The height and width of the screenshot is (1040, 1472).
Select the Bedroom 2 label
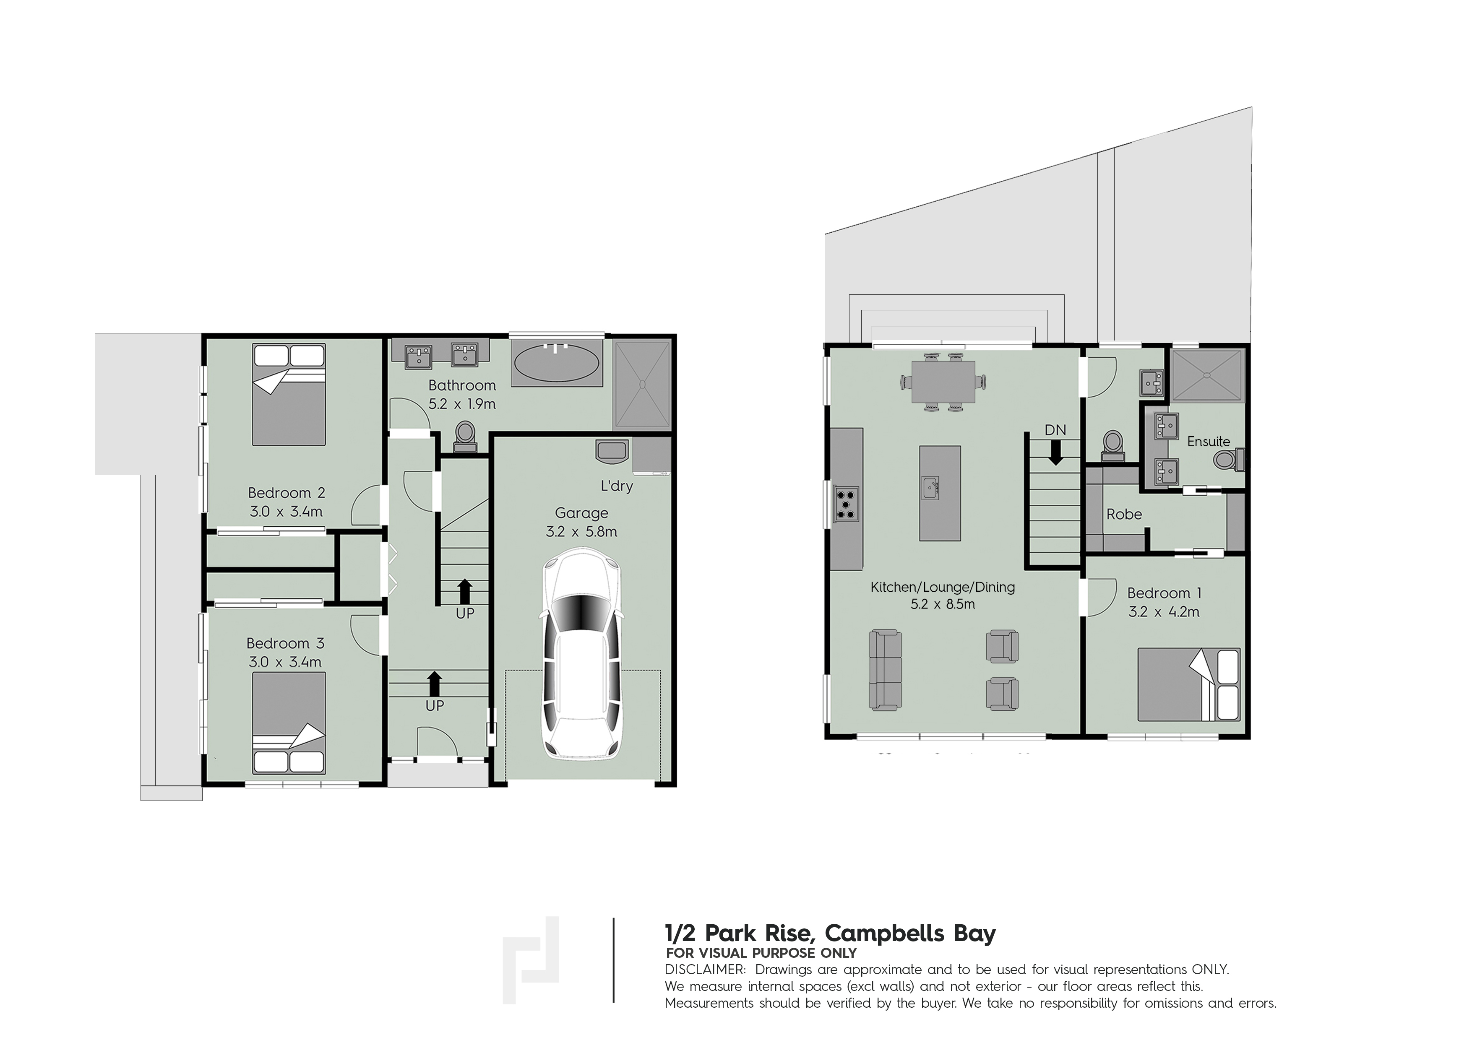point(286,493)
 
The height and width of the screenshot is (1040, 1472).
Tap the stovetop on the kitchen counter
point(846,503)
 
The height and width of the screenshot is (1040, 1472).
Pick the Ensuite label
point(1209,442)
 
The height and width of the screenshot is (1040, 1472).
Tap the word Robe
point(1124,514)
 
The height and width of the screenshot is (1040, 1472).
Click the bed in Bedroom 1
point(1188,684)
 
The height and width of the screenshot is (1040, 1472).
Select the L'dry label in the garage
point(616,486)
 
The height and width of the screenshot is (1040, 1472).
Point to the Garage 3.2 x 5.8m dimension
point(581,531)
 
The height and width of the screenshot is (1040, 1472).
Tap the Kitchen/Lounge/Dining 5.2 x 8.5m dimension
point(943,603)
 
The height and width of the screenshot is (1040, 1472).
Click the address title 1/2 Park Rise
point(830,933)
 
